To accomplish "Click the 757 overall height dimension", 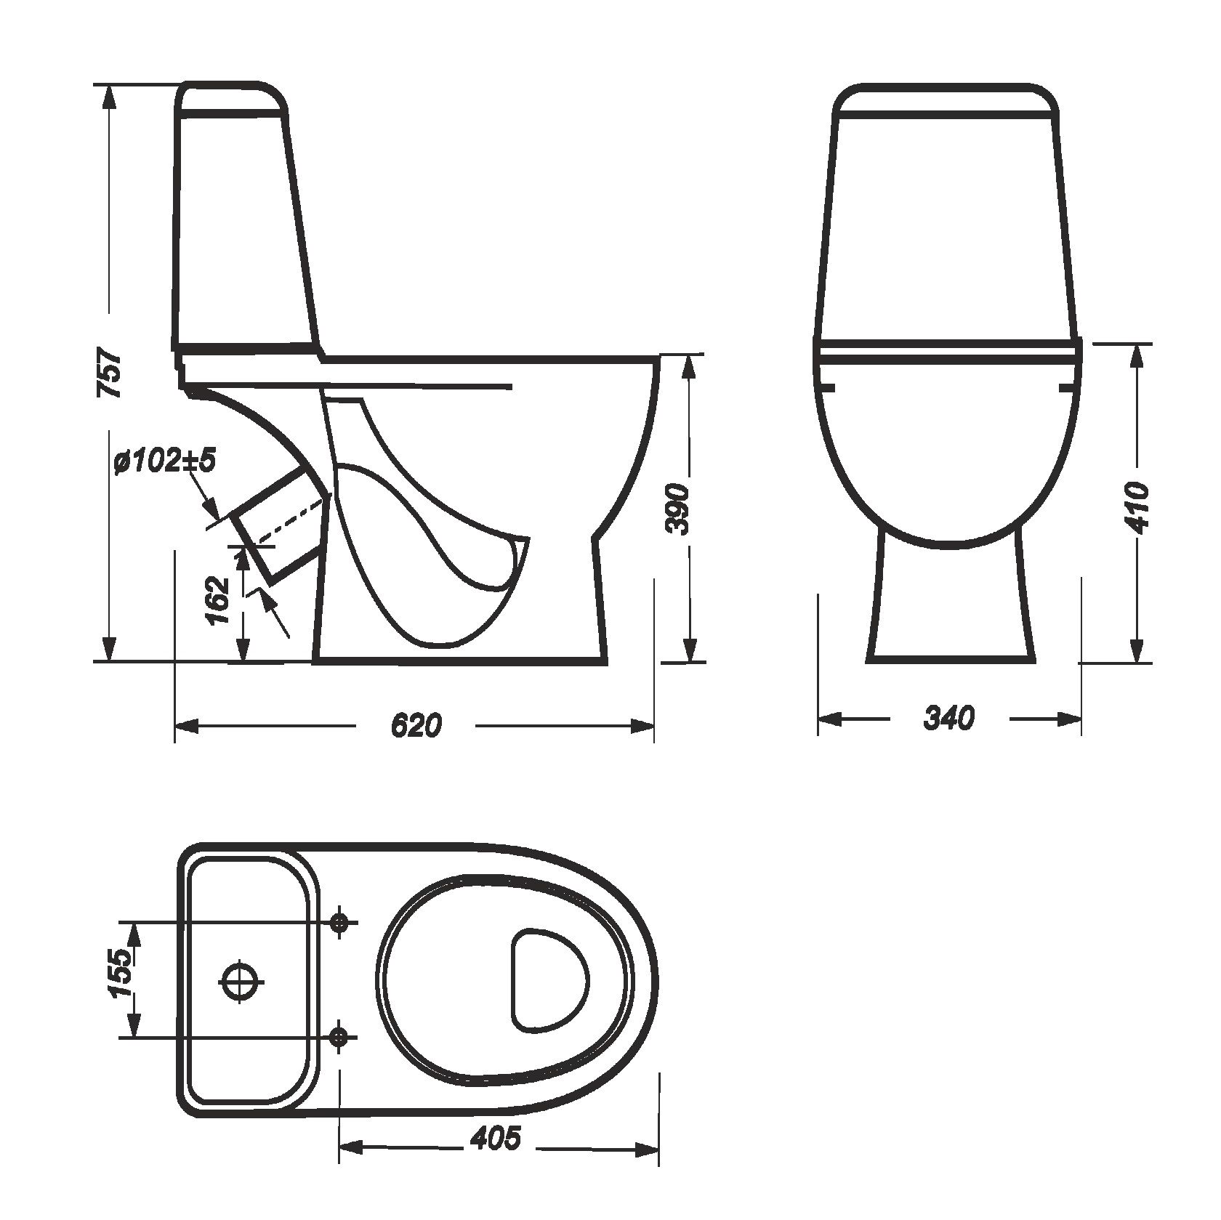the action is pos(110,374).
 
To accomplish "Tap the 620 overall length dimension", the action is pos(416,725).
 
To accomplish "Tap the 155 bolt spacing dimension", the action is pos(121,974).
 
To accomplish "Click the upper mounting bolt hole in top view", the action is pos(339,922).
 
